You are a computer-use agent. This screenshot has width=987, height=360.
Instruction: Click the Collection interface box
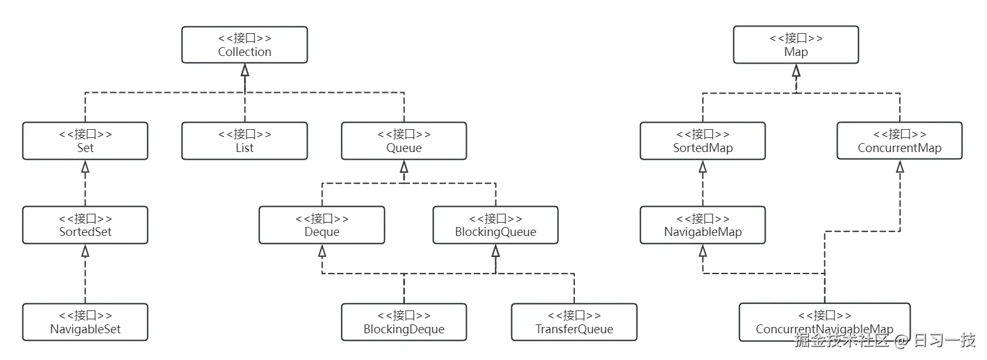coord(244,45)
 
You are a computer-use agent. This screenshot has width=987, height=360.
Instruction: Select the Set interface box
coord(85,141)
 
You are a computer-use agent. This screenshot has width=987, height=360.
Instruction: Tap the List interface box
coord(244,141)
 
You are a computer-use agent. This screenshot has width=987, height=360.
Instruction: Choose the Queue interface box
coord(404,141)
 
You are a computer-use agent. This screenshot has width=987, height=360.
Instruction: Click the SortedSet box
coord(85,225)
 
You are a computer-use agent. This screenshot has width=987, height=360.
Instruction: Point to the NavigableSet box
coord(85,322)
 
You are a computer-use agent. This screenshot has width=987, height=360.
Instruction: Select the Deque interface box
coord(322,225)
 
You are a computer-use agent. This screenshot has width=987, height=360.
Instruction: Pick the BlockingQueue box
coord(495,225)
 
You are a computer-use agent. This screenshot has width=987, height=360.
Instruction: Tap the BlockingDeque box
coord(404,322)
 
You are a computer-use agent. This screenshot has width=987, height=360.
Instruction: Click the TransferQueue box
coord(574,322)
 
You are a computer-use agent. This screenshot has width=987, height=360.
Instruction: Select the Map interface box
coord(796,45)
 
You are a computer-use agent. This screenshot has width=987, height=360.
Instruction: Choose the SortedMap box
coord(703,141)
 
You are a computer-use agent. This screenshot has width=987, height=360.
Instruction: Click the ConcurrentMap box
coord(899,141)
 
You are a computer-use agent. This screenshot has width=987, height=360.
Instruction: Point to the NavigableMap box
coord(703,225)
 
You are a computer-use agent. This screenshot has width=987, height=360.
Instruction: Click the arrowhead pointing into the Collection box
coord(245,70)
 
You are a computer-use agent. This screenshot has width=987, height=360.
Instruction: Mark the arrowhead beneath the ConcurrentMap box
coord(900,167)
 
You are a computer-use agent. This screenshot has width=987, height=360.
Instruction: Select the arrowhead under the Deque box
coord(322,251)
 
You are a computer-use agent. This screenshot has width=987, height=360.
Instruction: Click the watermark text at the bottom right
coord(885,341)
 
